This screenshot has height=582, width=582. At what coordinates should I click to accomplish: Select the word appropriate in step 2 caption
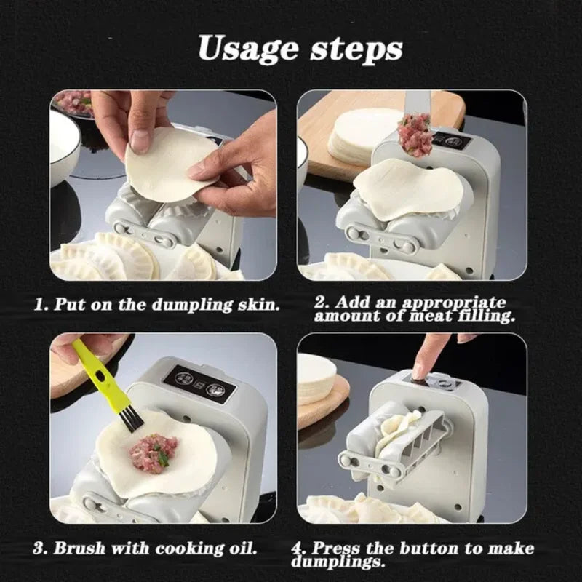[453, 303]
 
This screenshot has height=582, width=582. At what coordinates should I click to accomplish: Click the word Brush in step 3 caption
[79, 549]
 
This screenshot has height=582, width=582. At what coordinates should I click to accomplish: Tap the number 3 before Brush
[39, 549]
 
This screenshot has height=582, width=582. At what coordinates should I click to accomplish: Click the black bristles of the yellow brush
[131, 419]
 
